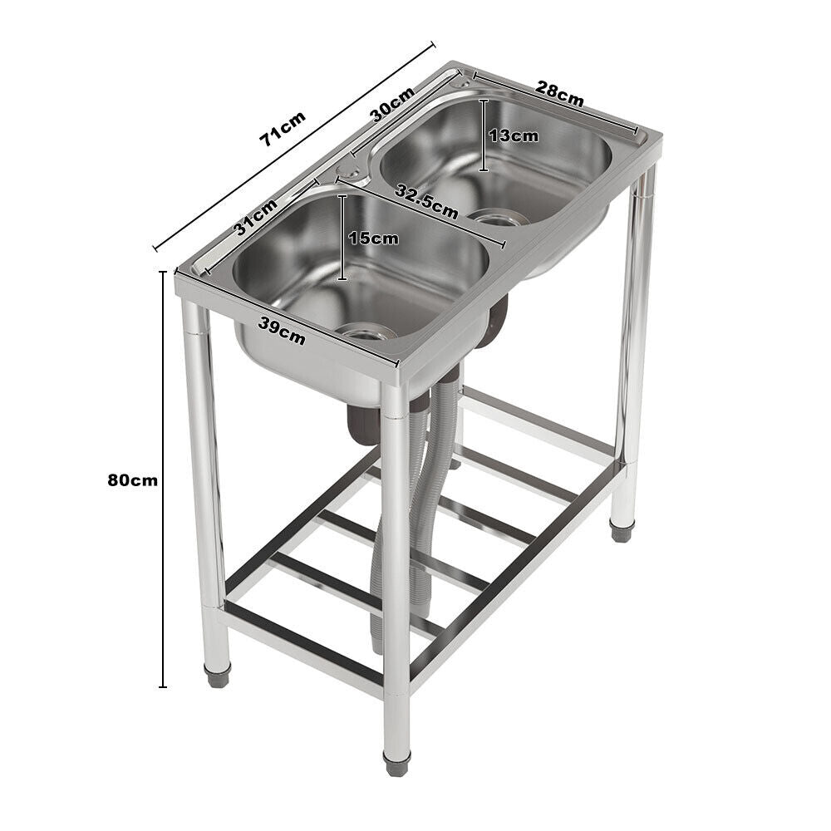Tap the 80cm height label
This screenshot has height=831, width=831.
(132, 479)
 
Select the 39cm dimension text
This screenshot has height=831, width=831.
(281, 332)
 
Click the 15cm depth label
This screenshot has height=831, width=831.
(373, 238)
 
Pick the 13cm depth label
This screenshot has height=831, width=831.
(513, 135)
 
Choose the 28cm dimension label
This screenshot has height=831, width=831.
(558, 93)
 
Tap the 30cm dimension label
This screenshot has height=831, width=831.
(392, 105)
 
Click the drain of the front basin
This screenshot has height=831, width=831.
(366, 332)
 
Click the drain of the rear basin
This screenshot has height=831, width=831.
(497, 219)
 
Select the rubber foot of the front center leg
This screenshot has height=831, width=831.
(396, 762)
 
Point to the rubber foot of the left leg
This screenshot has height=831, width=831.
(217, 675)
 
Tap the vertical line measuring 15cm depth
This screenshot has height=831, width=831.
(342, 238)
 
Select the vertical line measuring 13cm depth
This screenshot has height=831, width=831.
(484, 135)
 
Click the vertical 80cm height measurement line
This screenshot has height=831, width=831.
(163, 479)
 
